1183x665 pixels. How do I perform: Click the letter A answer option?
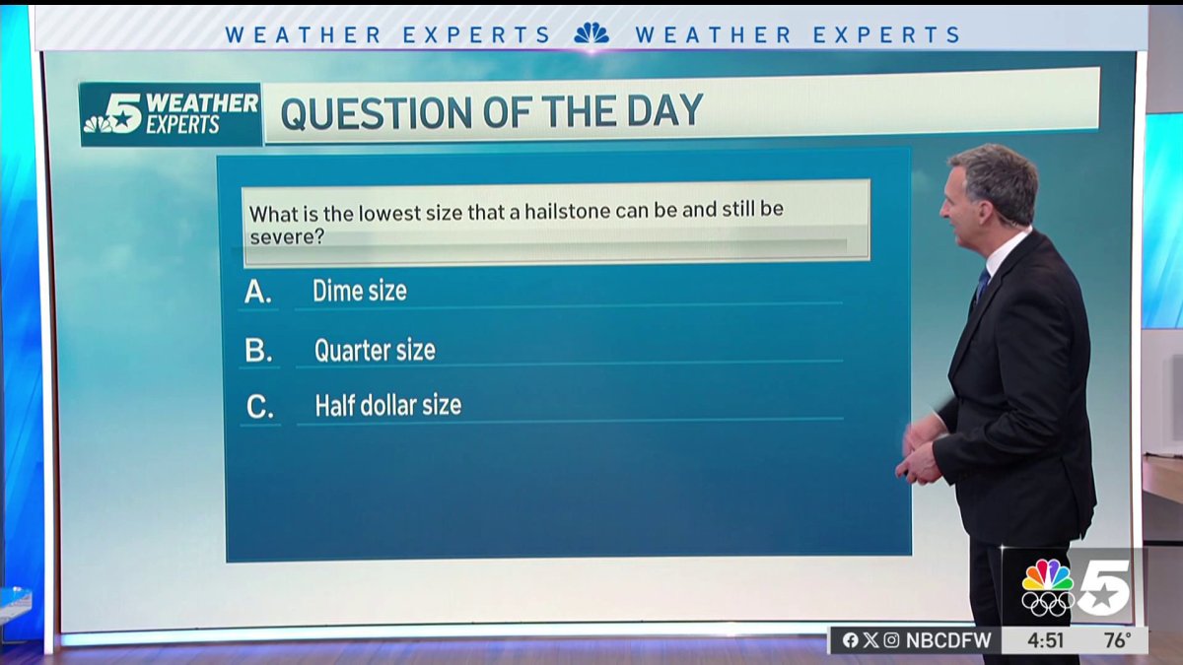257,293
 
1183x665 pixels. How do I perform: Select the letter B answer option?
258,351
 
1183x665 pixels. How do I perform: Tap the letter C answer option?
260,406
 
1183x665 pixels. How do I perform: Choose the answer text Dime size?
359,291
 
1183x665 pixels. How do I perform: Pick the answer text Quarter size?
375,350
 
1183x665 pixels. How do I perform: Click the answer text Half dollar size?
387,405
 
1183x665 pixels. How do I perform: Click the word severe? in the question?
287,237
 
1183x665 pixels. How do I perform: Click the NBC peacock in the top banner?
591,34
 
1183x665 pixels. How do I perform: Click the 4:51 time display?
1045,640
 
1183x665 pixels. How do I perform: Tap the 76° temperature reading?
1116,640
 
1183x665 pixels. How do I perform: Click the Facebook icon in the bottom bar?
850,640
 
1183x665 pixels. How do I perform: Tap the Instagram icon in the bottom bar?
891,640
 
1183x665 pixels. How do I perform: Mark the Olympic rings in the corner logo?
1047,602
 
